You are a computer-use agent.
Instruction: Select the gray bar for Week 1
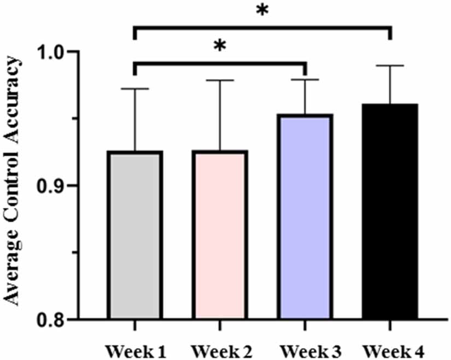(134, 235)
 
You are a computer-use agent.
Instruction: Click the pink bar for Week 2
(219, 235)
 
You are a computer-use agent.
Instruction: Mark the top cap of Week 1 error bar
(134, 88)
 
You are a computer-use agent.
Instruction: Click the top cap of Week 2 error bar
(219, 80)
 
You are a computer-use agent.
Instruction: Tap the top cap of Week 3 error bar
(304, 79)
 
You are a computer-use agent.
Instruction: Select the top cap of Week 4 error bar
(390, 66)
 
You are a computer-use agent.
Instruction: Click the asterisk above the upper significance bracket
(262, 11)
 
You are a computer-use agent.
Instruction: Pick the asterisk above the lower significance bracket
(219, 46)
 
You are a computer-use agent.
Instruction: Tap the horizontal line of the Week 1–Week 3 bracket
(219, 64)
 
